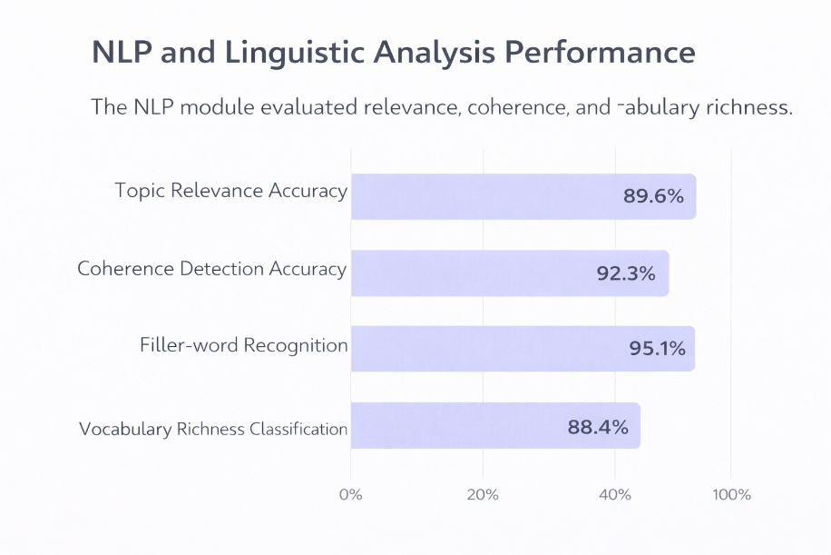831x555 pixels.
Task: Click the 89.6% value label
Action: click(x=653, y=196)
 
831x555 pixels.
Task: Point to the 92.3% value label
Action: click(x=626, y=273)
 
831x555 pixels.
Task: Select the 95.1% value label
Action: click(x=657, y=348)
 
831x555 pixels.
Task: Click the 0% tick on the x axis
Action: click(x=350, y=495)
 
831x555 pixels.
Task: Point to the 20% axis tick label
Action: click(x=483, y=495)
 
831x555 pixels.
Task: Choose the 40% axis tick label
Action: click(x=615, y=495)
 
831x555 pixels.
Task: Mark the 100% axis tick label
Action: click(x=732, y=495)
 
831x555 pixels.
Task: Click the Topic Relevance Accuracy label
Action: click(x=231, y=191)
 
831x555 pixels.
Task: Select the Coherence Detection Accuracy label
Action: click(x=212, y=269)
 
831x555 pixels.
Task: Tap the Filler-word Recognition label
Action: click(x=244, y=345)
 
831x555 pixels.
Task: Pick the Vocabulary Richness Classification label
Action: click(x=213, y=429)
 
